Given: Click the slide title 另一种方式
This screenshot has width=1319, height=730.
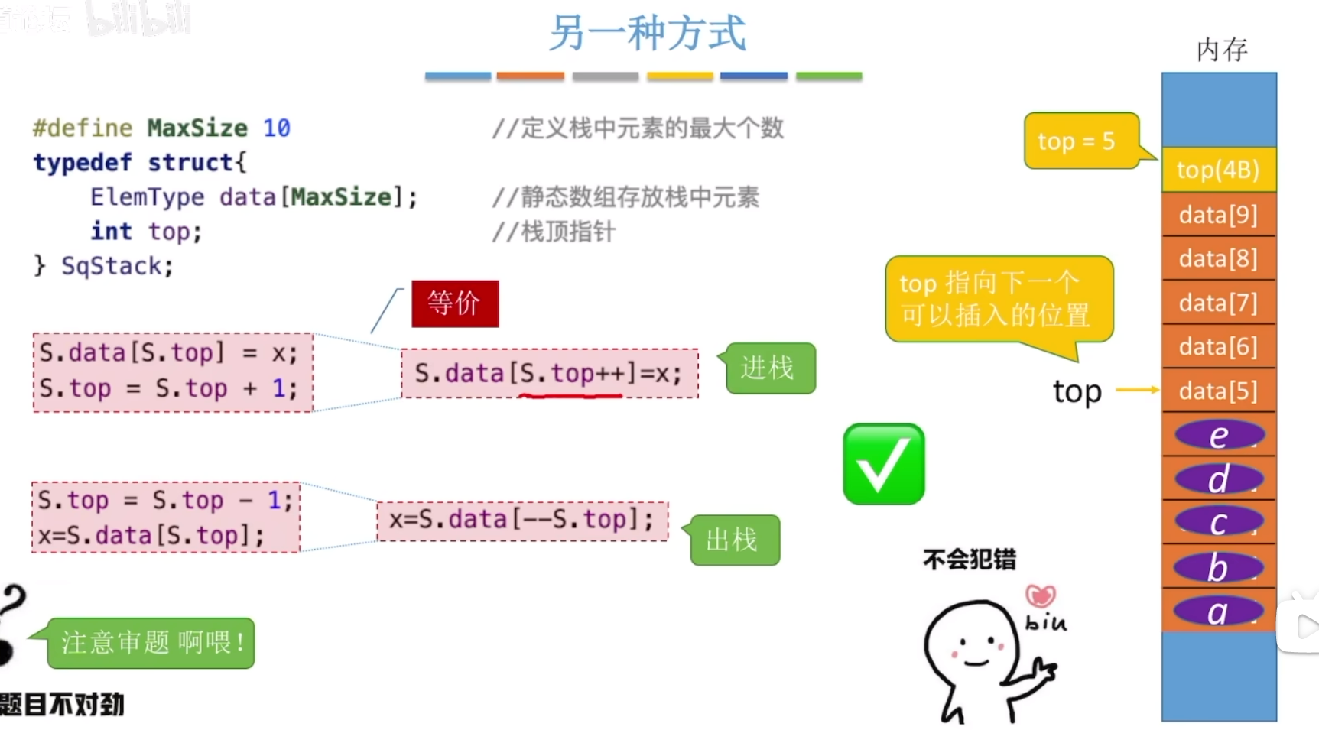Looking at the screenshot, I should (647, 34).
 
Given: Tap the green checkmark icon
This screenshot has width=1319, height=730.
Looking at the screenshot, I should (884, 464).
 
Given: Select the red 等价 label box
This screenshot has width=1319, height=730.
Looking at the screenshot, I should (455, 303).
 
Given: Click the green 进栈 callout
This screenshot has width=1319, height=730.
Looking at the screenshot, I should (770, 368).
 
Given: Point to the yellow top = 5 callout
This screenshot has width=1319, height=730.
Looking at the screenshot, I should (1080, 141).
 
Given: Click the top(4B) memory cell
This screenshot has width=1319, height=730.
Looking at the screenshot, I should (1218, 170).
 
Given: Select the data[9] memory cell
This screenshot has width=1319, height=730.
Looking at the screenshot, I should (1218, 215).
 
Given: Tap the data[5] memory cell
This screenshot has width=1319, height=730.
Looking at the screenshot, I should (1218, 391).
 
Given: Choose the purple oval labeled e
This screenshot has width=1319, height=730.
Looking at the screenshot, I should (1219, 436).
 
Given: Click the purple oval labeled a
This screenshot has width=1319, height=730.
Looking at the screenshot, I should (1218, 612).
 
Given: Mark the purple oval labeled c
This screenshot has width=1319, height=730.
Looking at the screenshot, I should (1218, 523).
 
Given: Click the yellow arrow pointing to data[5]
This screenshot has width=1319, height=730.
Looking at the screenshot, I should (1137, 390).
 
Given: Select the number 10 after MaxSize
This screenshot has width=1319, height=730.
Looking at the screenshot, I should (277, 128).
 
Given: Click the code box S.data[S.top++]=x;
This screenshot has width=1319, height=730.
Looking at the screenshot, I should (549, 373).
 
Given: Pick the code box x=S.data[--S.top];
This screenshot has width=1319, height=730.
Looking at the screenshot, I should (522, 521).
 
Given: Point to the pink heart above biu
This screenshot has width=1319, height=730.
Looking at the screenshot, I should (1041, 595).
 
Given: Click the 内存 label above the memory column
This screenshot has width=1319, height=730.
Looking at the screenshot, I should (1222, 50).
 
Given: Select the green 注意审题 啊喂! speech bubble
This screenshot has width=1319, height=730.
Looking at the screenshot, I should (151, 643).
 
